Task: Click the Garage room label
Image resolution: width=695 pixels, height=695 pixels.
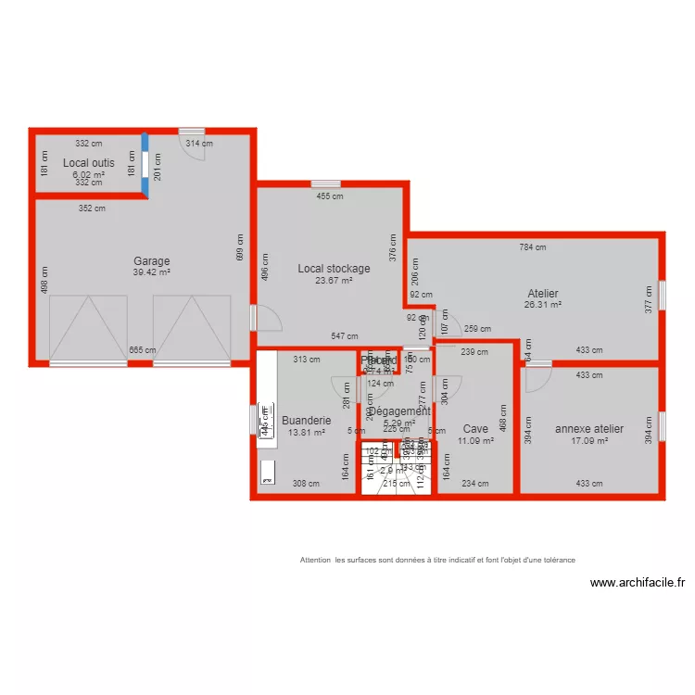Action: coord(151,261)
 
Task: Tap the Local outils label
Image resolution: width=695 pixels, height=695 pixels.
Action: coord(89,163)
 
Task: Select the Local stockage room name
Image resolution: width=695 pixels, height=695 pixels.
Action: coord(334,269)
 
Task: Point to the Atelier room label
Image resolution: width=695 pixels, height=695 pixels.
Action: coord(542,294)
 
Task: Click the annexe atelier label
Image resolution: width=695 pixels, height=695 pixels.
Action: coord(589,429)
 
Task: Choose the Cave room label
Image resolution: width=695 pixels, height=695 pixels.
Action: coord(475,429)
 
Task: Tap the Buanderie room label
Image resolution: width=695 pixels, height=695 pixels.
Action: coord(306,419)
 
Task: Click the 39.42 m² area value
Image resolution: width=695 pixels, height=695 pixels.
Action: coord(151,272)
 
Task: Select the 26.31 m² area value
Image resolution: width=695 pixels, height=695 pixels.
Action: coord(542,304)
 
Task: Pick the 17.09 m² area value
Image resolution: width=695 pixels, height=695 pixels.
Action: coord(589,441)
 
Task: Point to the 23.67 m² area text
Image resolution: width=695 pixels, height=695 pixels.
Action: coord(334,280)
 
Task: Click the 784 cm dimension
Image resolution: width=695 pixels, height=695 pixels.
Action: coord(533,247)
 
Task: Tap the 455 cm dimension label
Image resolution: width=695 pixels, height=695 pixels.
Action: coord(330,196)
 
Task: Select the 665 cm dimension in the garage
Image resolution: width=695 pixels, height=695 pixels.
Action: coord(142,350)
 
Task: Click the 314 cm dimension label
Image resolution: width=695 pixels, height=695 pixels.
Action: coord(199,144)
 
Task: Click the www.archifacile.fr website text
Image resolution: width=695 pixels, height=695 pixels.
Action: coord(638,583)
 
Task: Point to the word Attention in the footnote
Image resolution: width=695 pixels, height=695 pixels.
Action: coord(316,560)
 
